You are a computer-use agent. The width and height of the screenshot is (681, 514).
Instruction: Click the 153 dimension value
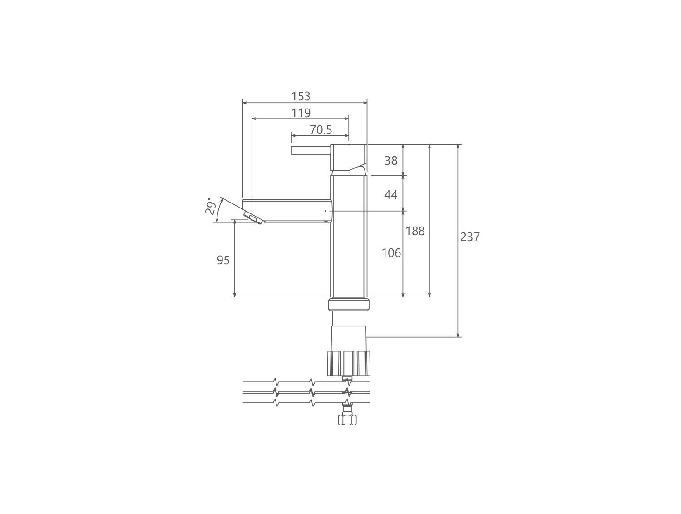(x=301, y=96)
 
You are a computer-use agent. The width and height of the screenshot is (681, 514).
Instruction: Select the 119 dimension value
(x=301, y=113)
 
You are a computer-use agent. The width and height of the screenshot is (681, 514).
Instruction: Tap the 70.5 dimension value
(x=321, y=130)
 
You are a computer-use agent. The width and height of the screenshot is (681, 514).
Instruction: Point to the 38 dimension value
(x=390, y=160)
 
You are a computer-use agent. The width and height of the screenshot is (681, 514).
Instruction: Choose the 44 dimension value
(x=390, y=195)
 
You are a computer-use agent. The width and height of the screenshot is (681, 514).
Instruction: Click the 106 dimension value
(x=391, y=253)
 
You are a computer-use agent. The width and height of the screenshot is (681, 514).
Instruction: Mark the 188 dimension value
(x=415, y=231)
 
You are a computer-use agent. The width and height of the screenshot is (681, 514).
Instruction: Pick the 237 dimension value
(x=470, y=237)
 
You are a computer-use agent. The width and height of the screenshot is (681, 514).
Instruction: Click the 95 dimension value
(x=223, y=260)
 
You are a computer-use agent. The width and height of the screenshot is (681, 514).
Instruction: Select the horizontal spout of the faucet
(x=291, y=211)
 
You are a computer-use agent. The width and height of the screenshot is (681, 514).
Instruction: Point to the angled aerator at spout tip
(x=253, y=217)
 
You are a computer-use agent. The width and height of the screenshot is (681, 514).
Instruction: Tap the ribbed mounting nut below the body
(x=349, y=363)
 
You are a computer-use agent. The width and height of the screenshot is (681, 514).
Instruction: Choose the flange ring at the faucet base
(x=349, y=305)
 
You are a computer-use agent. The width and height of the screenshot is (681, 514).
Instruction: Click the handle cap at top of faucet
(x=348, y=157)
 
